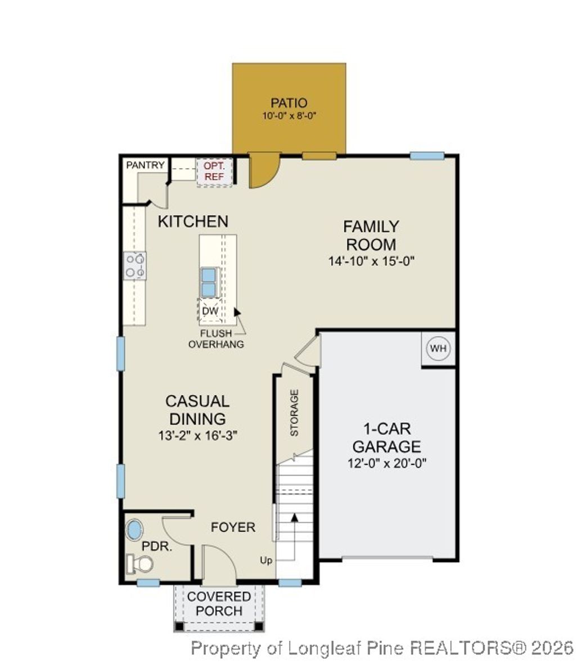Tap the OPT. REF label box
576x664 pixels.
(214, 171)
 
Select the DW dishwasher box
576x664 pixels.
(209, 311)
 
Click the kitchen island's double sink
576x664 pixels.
(208, 282)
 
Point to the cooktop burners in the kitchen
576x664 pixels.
(135, 265)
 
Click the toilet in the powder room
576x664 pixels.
(140, 563)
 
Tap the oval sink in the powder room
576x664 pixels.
(134, 530)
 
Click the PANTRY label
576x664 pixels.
(145, 165)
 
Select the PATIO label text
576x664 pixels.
(289, 103)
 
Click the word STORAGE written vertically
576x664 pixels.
(294, 413)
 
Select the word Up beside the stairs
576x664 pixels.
(266, 560)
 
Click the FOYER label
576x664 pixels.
(233, 527)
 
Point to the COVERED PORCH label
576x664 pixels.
(219, 603)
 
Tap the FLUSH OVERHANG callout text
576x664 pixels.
(216, 339)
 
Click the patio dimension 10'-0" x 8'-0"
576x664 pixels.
(289, 116)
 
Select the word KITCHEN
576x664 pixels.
(193, 222)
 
